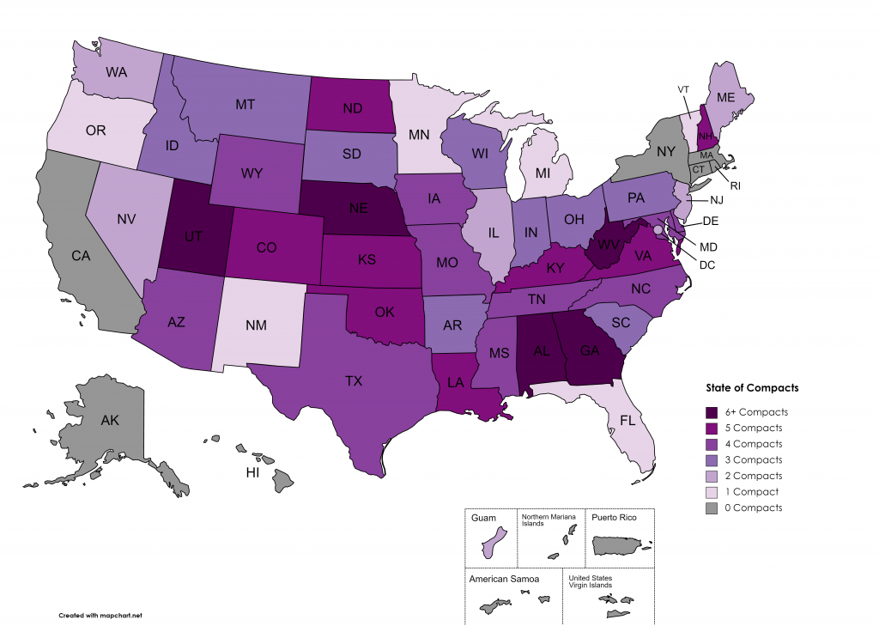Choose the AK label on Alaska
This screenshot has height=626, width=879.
(x=110, y=421)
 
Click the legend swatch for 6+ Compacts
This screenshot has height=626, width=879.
(x=712, y=412)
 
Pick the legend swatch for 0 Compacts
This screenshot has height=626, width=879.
(x=712, y=507)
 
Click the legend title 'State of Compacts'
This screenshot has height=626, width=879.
(x=751, y=388)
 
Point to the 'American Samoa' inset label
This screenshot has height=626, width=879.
(x=505, y=580)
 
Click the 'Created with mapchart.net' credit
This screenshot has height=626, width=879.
(x=100, y=616)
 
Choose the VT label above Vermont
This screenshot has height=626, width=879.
(x=684, y=89)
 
